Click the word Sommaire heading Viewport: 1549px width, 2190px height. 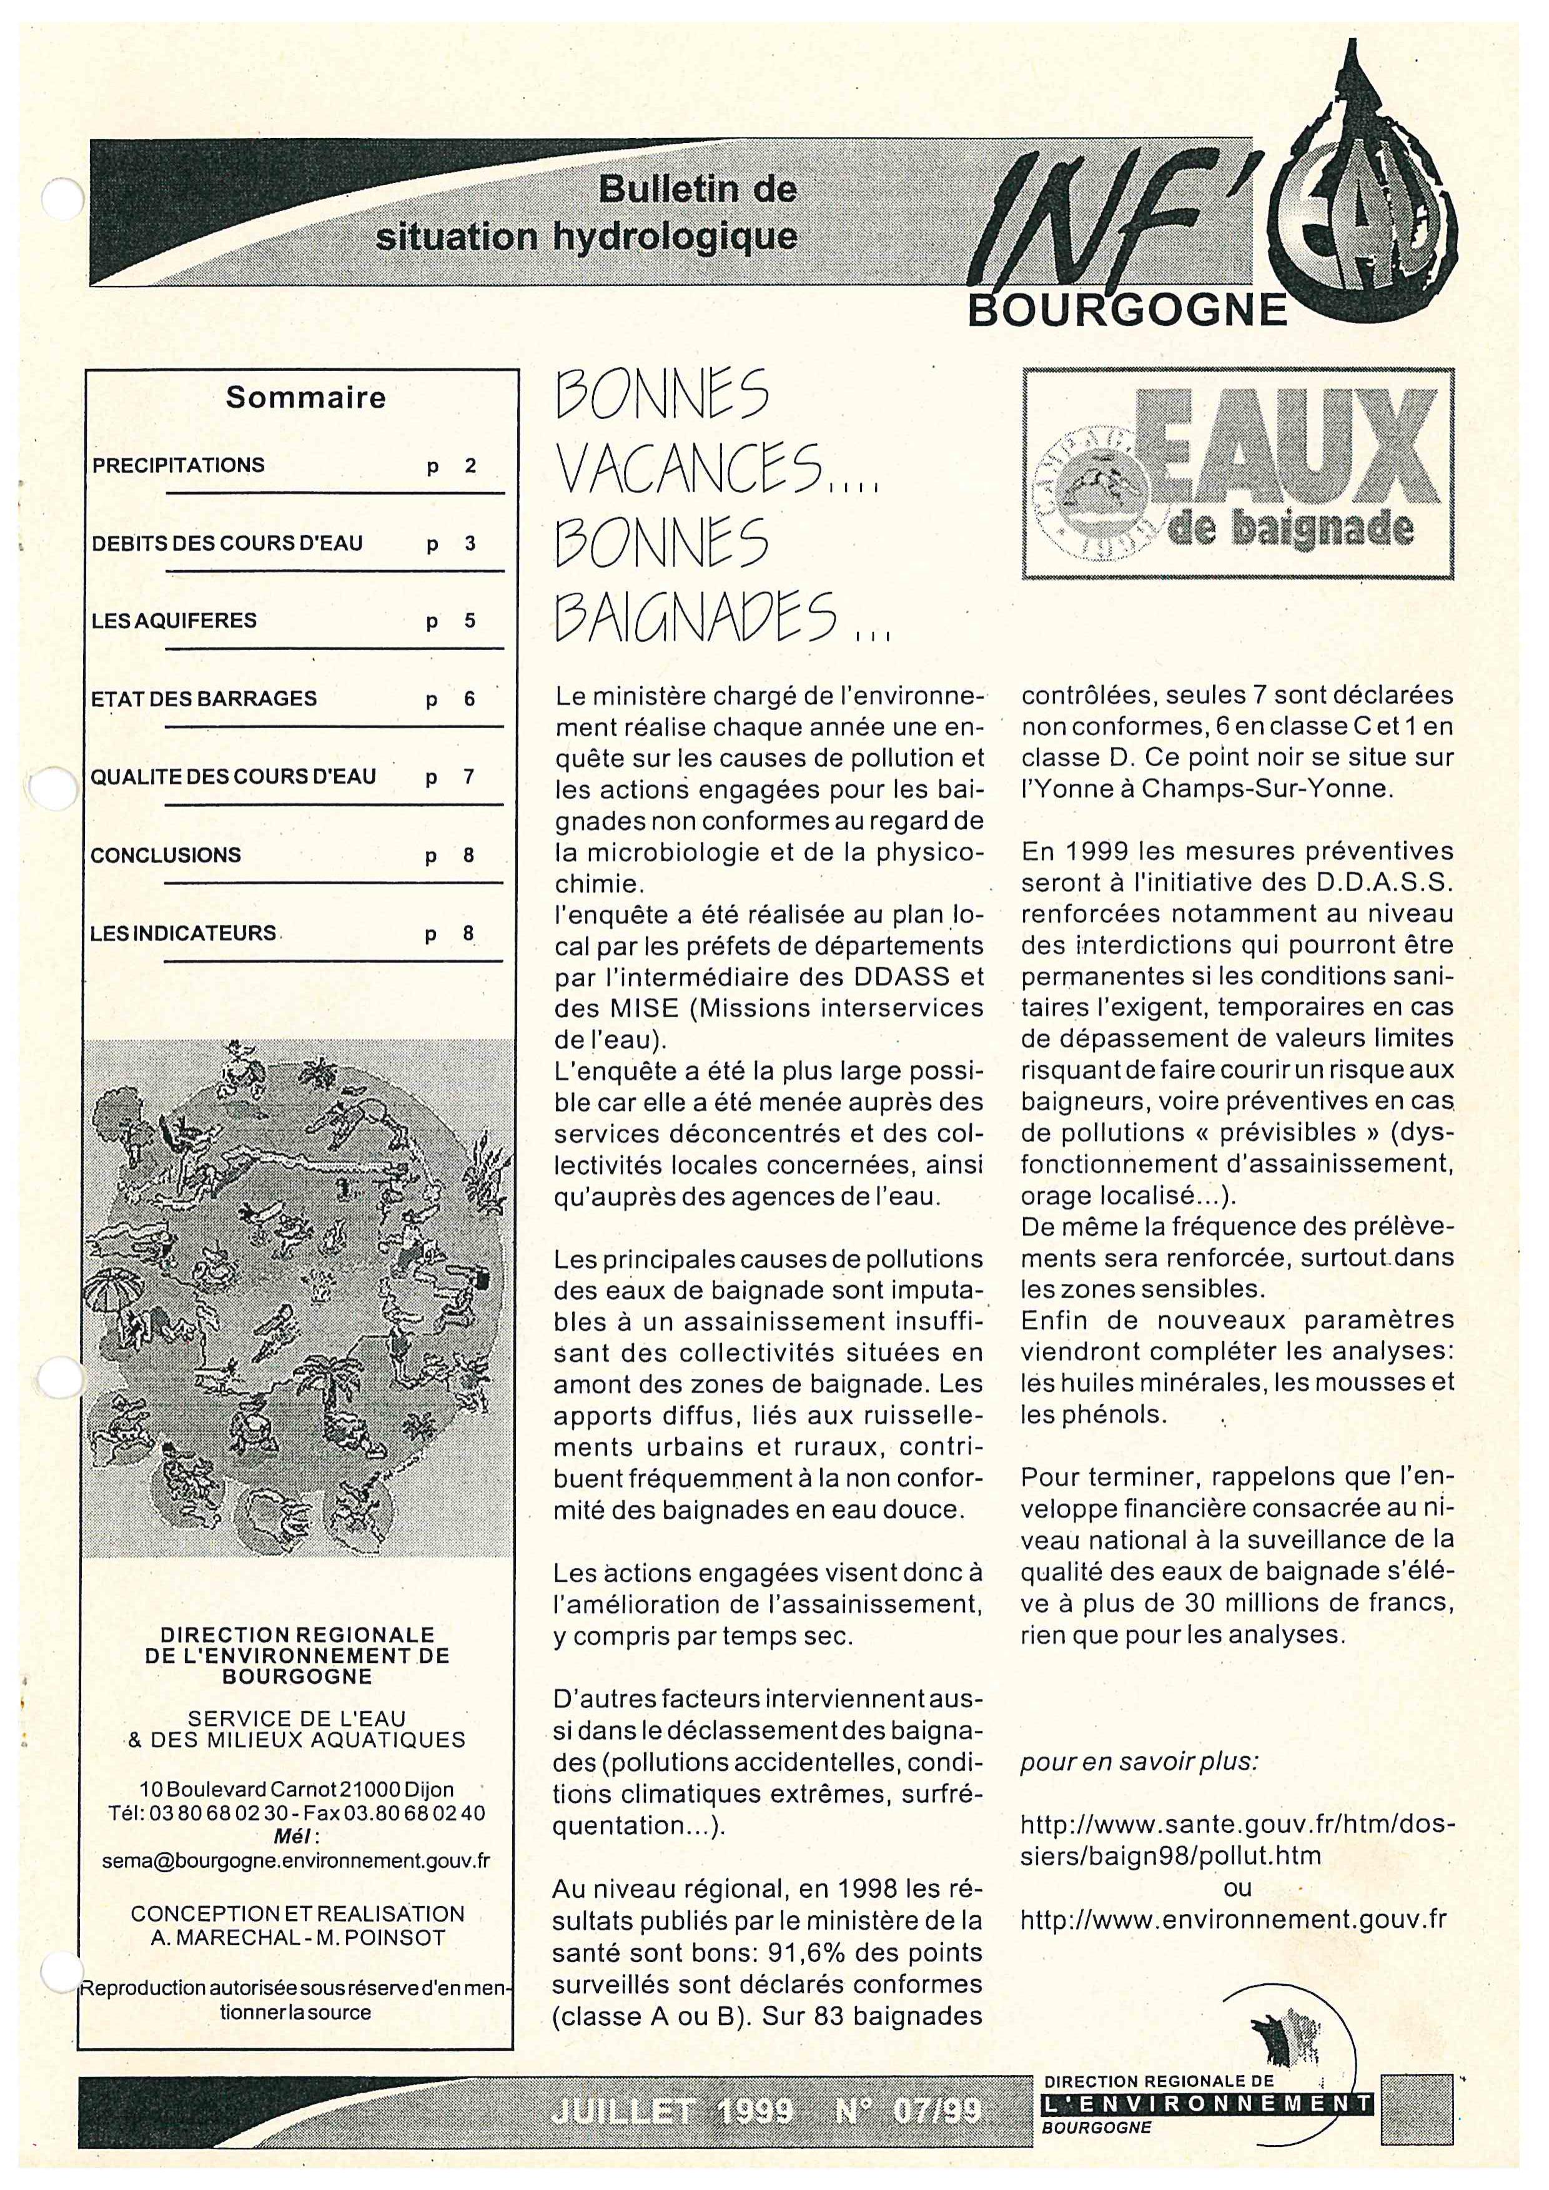[x=305, y=398]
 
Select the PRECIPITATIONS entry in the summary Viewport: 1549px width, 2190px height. [x=179, y=465]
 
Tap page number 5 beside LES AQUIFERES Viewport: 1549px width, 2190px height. [x=469, y=621]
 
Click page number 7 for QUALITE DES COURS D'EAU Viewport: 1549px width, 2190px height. [x=468, y=776]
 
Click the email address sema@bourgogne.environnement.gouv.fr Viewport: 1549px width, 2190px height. [x=295, y=1860]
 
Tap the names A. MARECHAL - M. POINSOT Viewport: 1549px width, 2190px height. [x=297, y=1936]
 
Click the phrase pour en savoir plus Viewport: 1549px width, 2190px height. [x=1139, y=1762]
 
